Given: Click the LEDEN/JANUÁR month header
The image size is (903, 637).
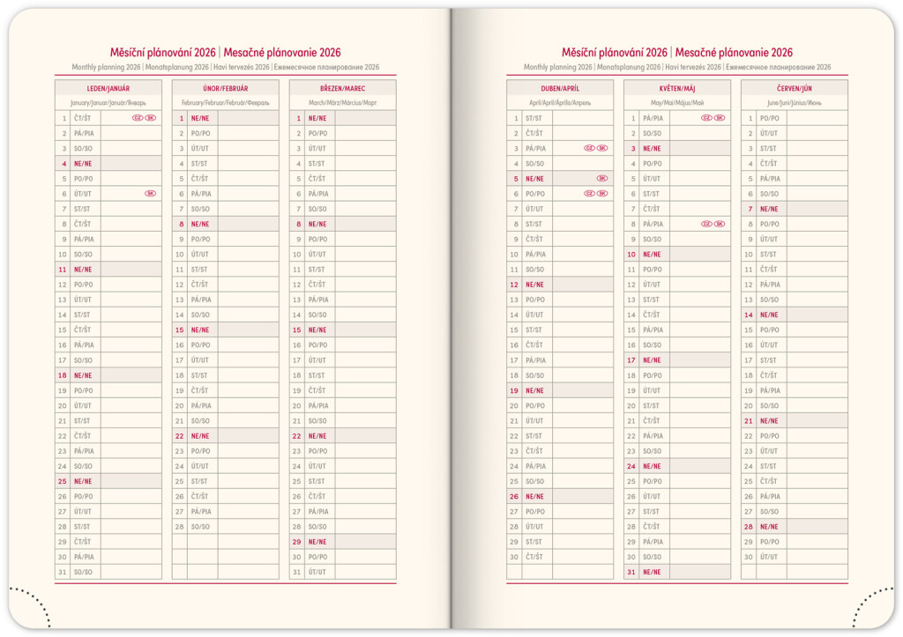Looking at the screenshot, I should pos(108,88).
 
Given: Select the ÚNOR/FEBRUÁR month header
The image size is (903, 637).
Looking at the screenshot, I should pos(225,88).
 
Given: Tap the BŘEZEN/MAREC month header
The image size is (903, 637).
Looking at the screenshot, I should pos(342,88).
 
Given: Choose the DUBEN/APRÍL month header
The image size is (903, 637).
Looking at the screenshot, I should pos(559,88).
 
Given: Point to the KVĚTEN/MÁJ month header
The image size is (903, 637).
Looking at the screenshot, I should pos(676,88).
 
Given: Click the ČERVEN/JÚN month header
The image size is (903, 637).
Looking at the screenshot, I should pos(794,88).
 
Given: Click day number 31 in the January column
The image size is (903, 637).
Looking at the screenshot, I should pos(63,572).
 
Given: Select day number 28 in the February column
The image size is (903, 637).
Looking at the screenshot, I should pos(179,527).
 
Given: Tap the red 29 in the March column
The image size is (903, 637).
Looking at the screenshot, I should pos(296,542).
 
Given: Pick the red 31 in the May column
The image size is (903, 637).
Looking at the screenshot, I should pos(631,572).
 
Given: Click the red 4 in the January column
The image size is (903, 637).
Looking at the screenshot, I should pos(63,163).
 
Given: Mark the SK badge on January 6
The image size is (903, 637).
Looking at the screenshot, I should pos(150,193).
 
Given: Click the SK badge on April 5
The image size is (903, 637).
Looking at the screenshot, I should pos(602,178).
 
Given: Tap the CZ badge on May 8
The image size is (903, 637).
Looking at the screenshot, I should pos(706,224).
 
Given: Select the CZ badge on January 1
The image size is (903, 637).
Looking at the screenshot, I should pos(138,117).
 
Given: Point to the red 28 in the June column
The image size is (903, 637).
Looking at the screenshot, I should pos(748,527).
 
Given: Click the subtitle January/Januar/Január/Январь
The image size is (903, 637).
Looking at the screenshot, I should pos(108,103).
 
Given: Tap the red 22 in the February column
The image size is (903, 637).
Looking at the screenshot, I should pos(179,436).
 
